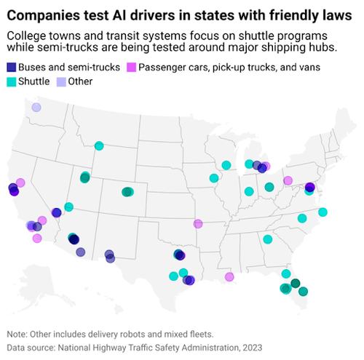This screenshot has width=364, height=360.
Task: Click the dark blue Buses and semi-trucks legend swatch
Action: [x=12, y=68]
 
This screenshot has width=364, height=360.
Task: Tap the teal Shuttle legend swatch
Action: [x=12, y=81]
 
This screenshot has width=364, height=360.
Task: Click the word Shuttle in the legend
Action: [x=33, y=81]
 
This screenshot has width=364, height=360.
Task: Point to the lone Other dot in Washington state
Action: [x=36, y=108]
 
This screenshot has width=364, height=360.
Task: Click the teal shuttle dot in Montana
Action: [x=99, y=146]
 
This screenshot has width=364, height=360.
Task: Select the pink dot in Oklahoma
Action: [x=198, y=223]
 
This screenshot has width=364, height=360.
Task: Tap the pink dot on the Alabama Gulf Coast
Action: [x=229, y=276]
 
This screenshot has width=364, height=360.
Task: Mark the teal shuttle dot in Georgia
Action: [x=268, y=239]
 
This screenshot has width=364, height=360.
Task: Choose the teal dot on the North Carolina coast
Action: [x=323, y=212]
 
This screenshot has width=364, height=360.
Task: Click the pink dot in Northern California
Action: [x=20, y=183]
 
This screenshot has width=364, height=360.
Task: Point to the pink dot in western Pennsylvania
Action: [x=288, y=180]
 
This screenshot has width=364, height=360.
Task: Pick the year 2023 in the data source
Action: [x=249, y=348]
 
